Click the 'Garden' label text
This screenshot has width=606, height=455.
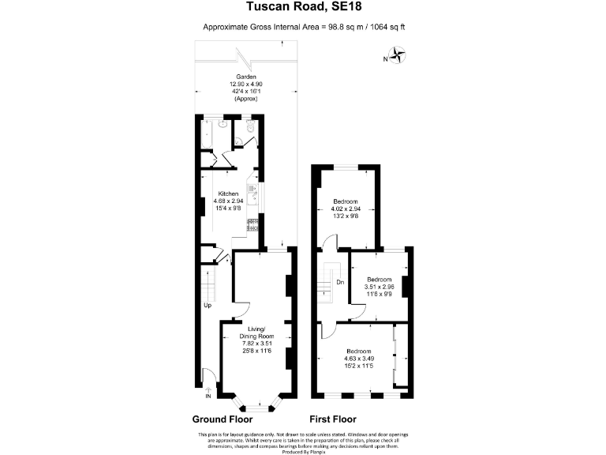click(245, 77)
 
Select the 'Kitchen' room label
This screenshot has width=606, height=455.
click(229, 194)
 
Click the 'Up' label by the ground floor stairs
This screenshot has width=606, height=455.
click(208, 305)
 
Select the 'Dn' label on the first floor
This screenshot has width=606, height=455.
click(340, 282)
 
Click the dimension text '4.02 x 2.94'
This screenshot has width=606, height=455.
click(346, 209)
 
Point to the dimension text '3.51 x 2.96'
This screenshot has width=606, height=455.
click(379, 287)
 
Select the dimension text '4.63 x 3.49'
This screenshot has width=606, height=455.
click(358, 358)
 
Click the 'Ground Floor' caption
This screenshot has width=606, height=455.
click(223, 419)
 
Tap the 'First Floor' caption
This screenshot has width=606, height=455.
click(333, 419)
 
